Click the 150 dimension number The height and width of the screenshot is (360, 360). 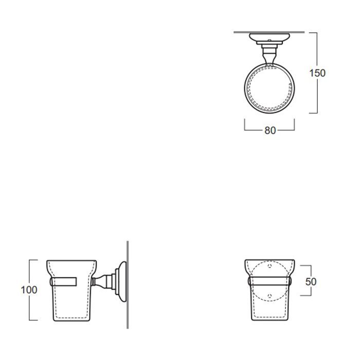point(317,73)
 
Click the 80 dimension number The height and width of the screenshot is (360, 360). point(270,131)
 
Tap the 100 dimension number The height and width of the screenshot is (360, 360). point(29,290)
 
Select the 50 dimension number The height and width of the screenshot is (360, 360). point(311,282)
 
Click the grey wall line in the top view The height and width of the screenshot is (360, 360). point(269,32)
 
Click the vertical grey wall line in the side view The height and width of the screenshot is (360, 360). point(128,285)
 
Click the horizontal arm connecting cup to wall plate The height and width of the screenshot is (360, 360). point(103,281)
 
